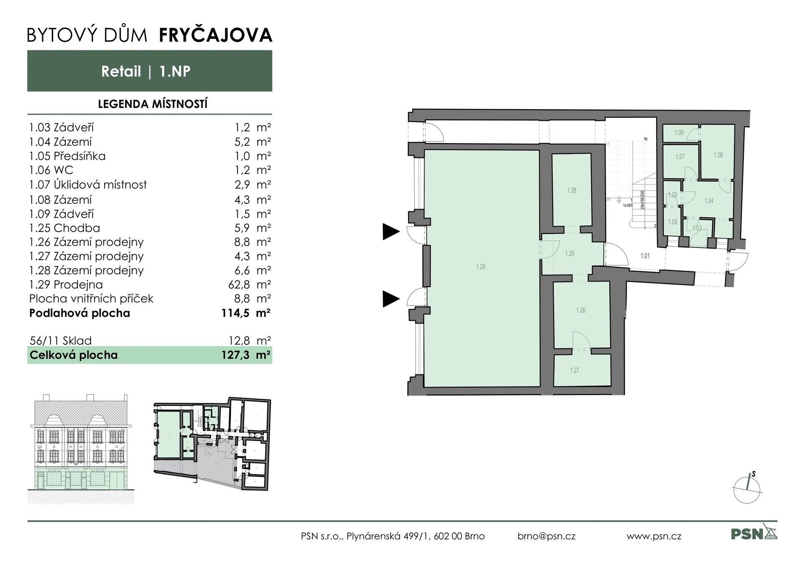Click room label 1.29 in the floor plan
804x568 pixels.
pyautogui.click(x=480, y=267)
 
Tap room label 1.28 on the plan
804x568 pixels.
pyautogui.click(x=572, y=190)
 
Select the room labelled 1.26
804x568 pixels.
pyautogui.click(x=580, y=310)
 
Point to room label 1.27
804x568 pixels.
pyautogui.click(x=574, y=370)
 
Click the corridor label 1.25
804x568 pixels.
pyautogui.click(x=569, y=254)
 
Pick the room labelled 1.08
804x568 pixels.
pyautogui.click(x=718, y=155)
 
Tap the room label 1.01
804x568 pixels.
pyautogui.click(x=645, y=256)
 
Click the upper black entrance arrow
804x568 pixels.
pyautogui.click(x=391, y=231)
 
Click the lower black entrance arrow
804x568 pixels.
pyautogui.click(x=391, y=299)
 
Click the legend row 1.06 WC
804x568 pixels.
pyautogui.click(x=51, y=170)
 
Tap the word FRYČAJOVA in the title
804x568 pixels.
pyautogui.click(x=216, y=35)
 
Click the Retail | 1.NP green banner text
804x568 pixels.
pyautogui.click(x=146, y=71)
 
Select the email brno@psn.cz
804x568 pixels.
pyautogui.click(x=546, y=536)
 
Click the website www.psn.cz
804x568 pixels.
pyautogui.click(x=654, y=536)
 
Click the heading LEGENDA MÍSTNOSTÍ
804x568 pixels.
pyautogui.click(x=152, y=104)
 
